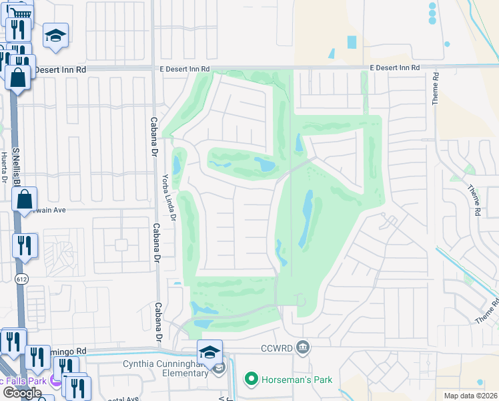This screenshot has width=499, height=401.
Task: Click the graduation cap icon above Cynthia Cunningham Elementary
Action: tap(209, 352)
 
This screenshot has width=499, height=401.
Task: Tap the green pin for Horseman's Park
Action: tap(251, 380)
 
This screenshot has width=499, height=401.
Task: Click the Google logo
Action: tap(22, 392)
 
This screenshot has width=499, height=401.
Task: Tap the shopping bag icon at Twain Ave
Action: tap(24, 199)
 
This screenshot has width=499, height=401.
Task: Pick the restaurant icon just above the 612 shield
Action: tap(25, 245)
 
